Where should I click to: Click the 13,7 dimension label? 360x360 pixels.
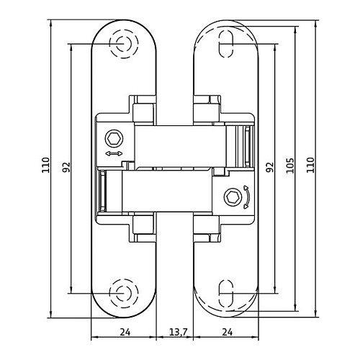pos(178,332)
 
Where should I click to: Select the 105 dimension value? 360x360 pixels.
pos(290,166)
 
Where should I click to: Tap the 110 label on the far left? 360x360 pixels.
pos(45,165)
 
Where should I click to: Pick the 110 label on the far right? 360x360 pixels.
pos(310,165)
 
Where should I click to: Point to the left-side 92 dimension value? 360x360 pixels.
pos(66,167)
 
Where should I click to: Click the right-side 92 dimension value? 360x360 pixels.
pos(270,167)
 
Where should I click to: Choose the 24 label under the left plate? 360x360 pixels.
pos(125,332)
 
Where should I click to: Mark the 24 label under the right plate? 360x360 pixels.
pos(227,332)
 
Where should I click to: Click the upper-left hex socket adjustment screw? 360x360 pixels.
pos(114,139)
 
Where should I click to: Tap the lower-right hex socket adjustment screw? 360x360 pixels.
pos(233,197)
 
